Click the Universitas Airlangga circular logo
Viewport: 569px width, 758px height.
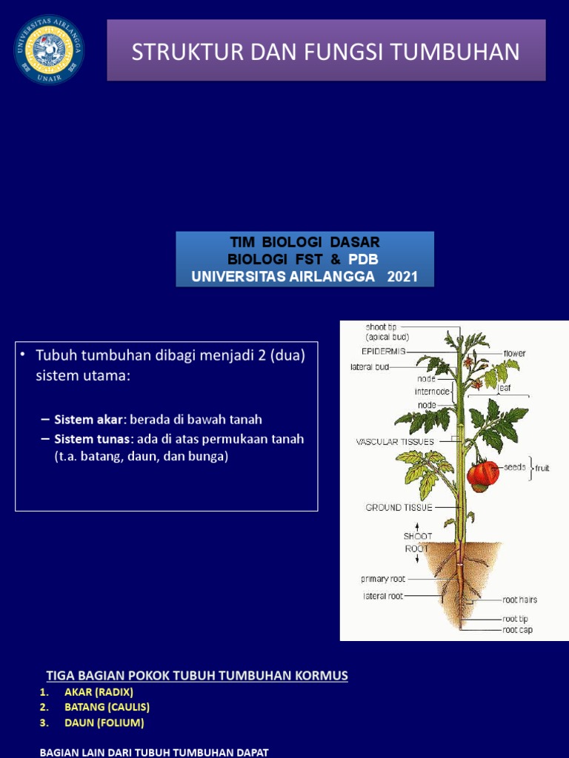tap(49, 50)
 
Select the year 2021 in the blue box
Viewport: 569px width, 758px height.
tap(402, 277)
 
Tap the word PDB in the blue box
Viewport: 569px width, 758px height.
tap(364, 259)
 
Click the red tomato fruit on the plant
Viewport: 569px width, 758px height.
tap(483, 474)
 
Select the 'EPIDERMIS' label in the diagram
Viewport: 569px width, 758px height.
tap(383, 352)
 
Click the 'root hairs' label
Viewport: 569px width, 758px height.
tap(520, 600)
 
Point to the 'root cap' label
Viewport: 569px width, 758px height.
tap(517, 631)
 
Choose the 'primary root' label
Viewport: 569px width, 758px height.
tap(383, 579)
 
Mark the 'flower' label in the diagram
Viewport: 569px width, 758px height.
tap(514, 354)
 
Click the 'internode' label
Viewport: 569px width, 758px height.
tap(433, 391)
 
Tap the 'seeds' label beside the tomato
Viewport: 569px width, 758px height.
tap(515, 467)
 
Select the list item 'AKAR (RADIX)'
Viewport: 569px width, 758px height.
tap(99, 692)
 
